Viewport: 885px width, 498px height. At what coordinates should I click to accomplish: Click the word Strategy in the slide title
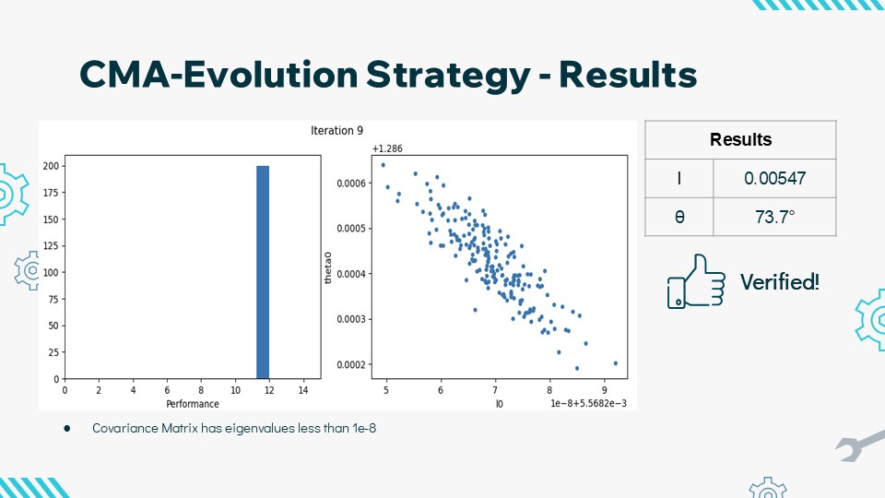tap(448, 75)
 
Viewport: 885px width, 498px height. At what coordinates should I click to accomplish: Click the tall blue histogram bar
tap(263, 272)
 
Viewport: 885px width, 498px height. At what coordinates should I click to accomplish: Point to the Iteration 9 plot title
tap(337, 130)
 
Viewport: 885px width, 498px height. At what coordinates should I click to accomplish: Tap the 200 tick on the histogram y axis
tap(51, 166)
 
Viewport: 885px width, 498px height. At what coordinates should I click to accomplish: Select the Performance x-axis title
tap(193, 404)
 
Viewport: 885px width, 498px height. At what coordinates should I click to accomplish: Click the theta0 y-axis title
tap(328, 267)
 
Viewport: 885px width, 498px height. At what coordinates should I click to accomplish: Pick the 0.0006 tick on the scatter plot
tap(351, 183)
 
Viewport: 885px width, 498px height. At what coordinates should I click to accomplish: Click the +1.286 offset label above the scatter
tap(387, 148)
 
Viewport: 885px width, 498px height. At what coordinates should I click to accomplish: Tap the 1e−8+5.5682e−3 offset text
tap(589, 403)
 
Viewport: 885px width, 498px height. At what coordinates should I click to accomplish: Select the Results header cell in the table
tap(740, 139)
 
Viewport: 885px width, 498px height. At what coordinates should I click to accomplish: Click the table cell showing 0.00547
tap(774, 178)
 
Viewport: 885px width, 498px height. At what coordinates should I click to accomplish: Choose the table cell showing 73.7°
tap(774, 217)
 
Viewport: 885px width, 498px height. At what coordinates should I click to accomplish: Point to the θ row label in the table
tap(679, 217)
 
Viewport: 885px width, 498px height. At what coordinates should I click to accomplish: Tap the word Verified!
tap(780, 281)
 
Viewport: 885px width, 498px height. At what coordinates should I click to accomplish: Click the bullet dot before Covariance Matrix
tap(67, 429)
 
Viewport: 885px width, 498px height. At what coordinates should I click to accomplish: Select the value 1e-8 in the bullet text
tap(364, 428)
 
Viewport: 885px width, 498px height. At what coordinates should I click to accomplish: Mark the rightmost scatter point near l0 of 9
tap(615, 363)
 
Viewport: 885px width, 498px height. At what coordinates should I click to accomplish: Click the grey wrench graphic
tap(860, 445)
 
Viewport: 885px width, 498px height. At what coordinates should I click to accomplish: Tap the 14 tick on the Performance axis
tap(303, 389)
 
